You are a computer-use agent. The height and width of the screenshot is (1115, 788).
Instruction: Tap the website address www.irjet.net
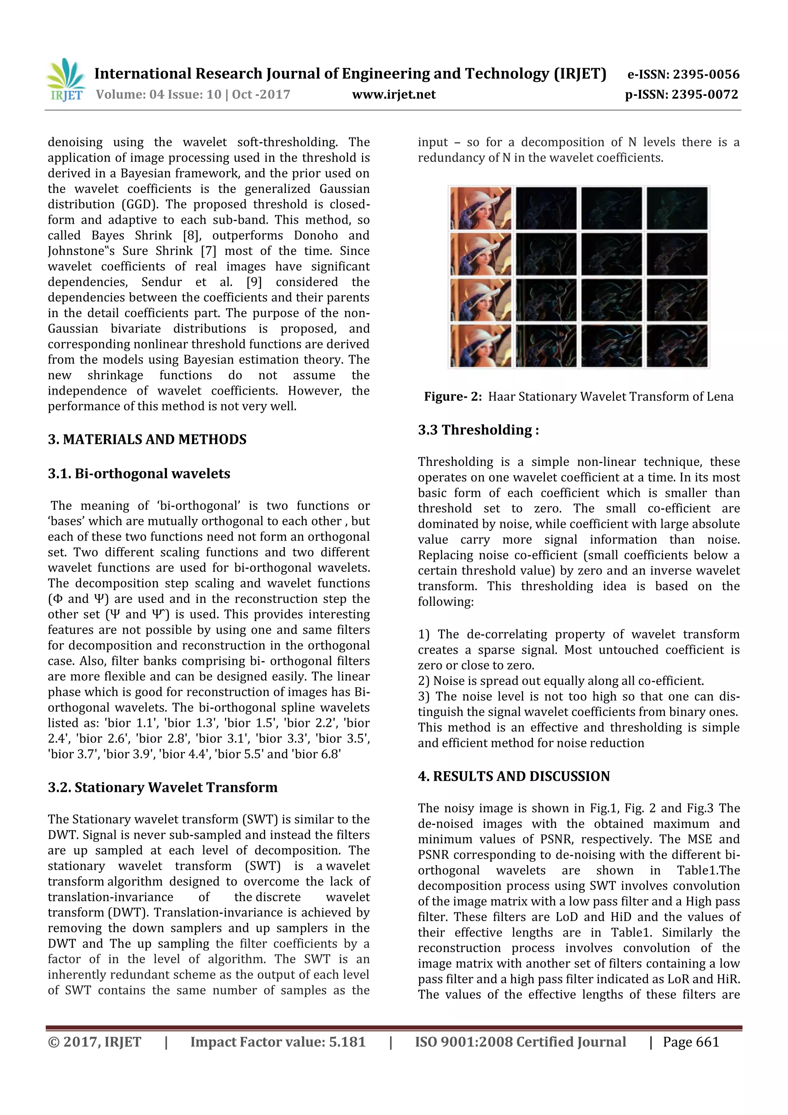(394, 94)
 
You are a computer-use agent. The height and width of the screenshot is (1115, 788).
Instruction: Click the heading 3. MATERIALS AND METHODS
(147, 439)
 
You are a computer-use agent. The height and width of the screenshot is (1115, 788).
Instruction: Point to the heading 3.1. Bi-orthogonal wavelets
(139, 474)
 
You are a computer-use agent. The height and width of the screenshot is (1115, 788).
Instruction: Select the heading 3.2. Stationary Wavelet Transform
(162, 787)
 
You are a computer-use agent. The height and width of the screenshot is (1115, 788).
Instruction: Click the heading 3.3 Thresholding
(478, 430)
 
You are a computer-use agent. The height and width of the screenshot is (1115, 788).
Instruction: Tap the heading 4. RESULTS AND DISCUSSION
(514, 776)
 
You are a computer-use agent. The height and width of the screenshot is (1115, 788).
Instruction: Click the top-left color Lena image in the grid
(480, 208)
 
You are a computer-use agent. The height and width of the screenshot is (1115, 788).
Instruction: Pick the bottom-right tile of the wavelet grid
(677, 346)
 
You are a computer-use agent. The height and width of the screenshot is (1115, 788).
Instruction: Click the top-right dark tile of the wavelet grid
(677, 208)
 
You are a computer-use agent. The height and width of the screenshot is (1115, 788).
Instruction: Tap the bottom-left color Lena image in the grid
(480, 346)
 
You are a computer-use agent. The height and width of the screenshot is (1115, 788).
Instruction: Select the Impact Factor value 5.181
(347, 1042)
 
